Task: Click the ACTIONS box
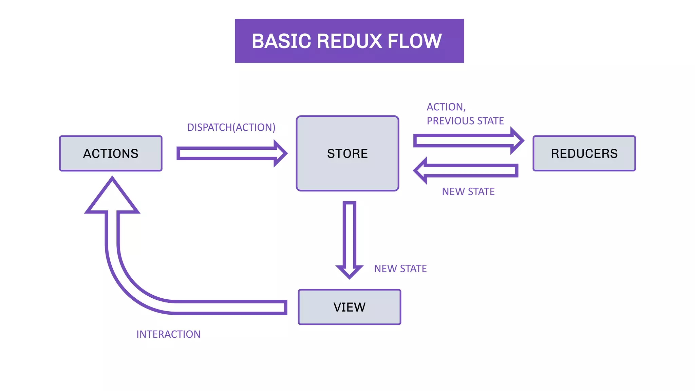[111, 153]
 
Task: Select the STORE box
[347, 153]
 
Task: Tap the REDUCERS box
[584, 153]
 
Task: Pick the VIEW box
[349, 307]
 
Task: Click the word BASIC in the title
[281, 41]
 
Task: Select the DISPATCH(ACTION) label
[231, 127]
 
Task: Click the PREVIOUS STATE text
[465, 121]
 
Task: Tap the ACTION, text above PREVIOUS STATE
[446, 107]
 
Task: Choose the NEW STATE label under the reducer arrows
[468, 192]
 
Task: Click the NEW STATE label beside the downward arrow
[400, 269]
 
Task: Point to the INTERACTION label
[168, 334]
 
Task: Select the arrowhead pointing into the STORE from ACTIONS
[280, 153]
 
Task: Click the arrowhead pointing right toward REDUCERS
[517, 141]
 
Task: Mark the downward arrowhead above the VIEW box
[349, 271]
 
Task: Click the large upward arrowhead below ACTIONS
[112, 199]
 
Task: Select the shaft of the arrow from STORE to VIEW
[349, 234]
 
